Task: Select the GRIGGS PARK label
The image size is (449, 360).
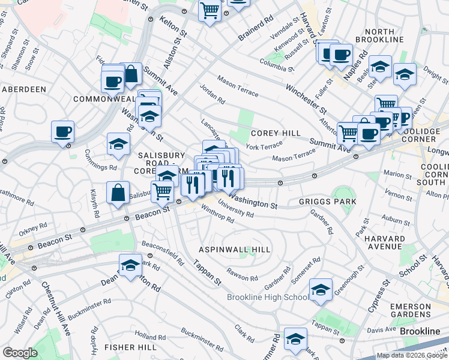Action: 328,202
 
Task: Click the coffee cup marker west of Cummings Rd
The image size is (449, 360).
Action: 62,131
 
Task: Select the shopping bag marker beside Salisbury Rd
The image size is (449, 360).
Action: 118,192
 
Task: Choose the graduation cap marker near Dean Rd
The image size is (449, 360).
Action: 130,266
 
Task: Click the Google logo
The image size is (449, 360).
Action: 20,353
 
